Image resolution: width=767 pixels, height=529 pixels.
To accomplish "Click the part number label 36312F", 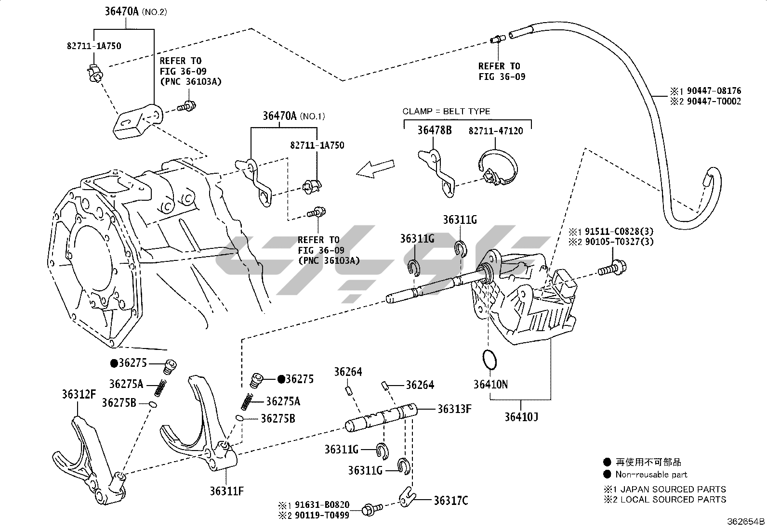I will (79, 395).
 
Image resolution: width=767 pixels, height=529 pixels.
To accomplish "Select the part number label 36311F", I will (226, 491).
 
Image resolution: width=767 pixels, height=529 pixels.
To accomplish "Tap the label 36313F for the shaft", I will (454, 409).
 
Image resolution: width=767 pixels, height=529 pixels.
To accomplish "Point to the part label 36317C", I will (450, 501).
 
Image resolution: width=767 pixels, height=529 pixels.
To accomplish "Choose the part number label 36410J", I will (521, 416).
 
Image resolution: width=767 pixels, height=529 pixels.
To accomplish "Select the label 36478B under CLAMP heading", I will (434, 130).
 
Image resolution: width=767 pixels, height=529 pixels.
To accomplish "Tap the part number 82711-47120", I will (496, 131).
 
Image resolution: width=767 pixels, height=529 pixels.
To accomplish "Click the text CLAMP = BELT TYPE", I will (446, 111).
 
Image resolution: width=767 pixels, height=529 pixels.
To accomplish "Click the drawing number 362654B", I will (746, 521).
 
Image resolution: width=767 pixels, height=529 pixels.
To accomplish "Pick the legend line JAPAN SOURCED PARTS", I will (673, 489).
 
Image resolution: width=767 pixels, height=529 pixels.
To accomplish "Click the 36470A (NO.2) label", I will (135, 12).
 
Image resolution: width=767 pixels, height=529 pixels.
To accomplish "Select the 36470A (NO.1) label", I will (294, 116).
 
